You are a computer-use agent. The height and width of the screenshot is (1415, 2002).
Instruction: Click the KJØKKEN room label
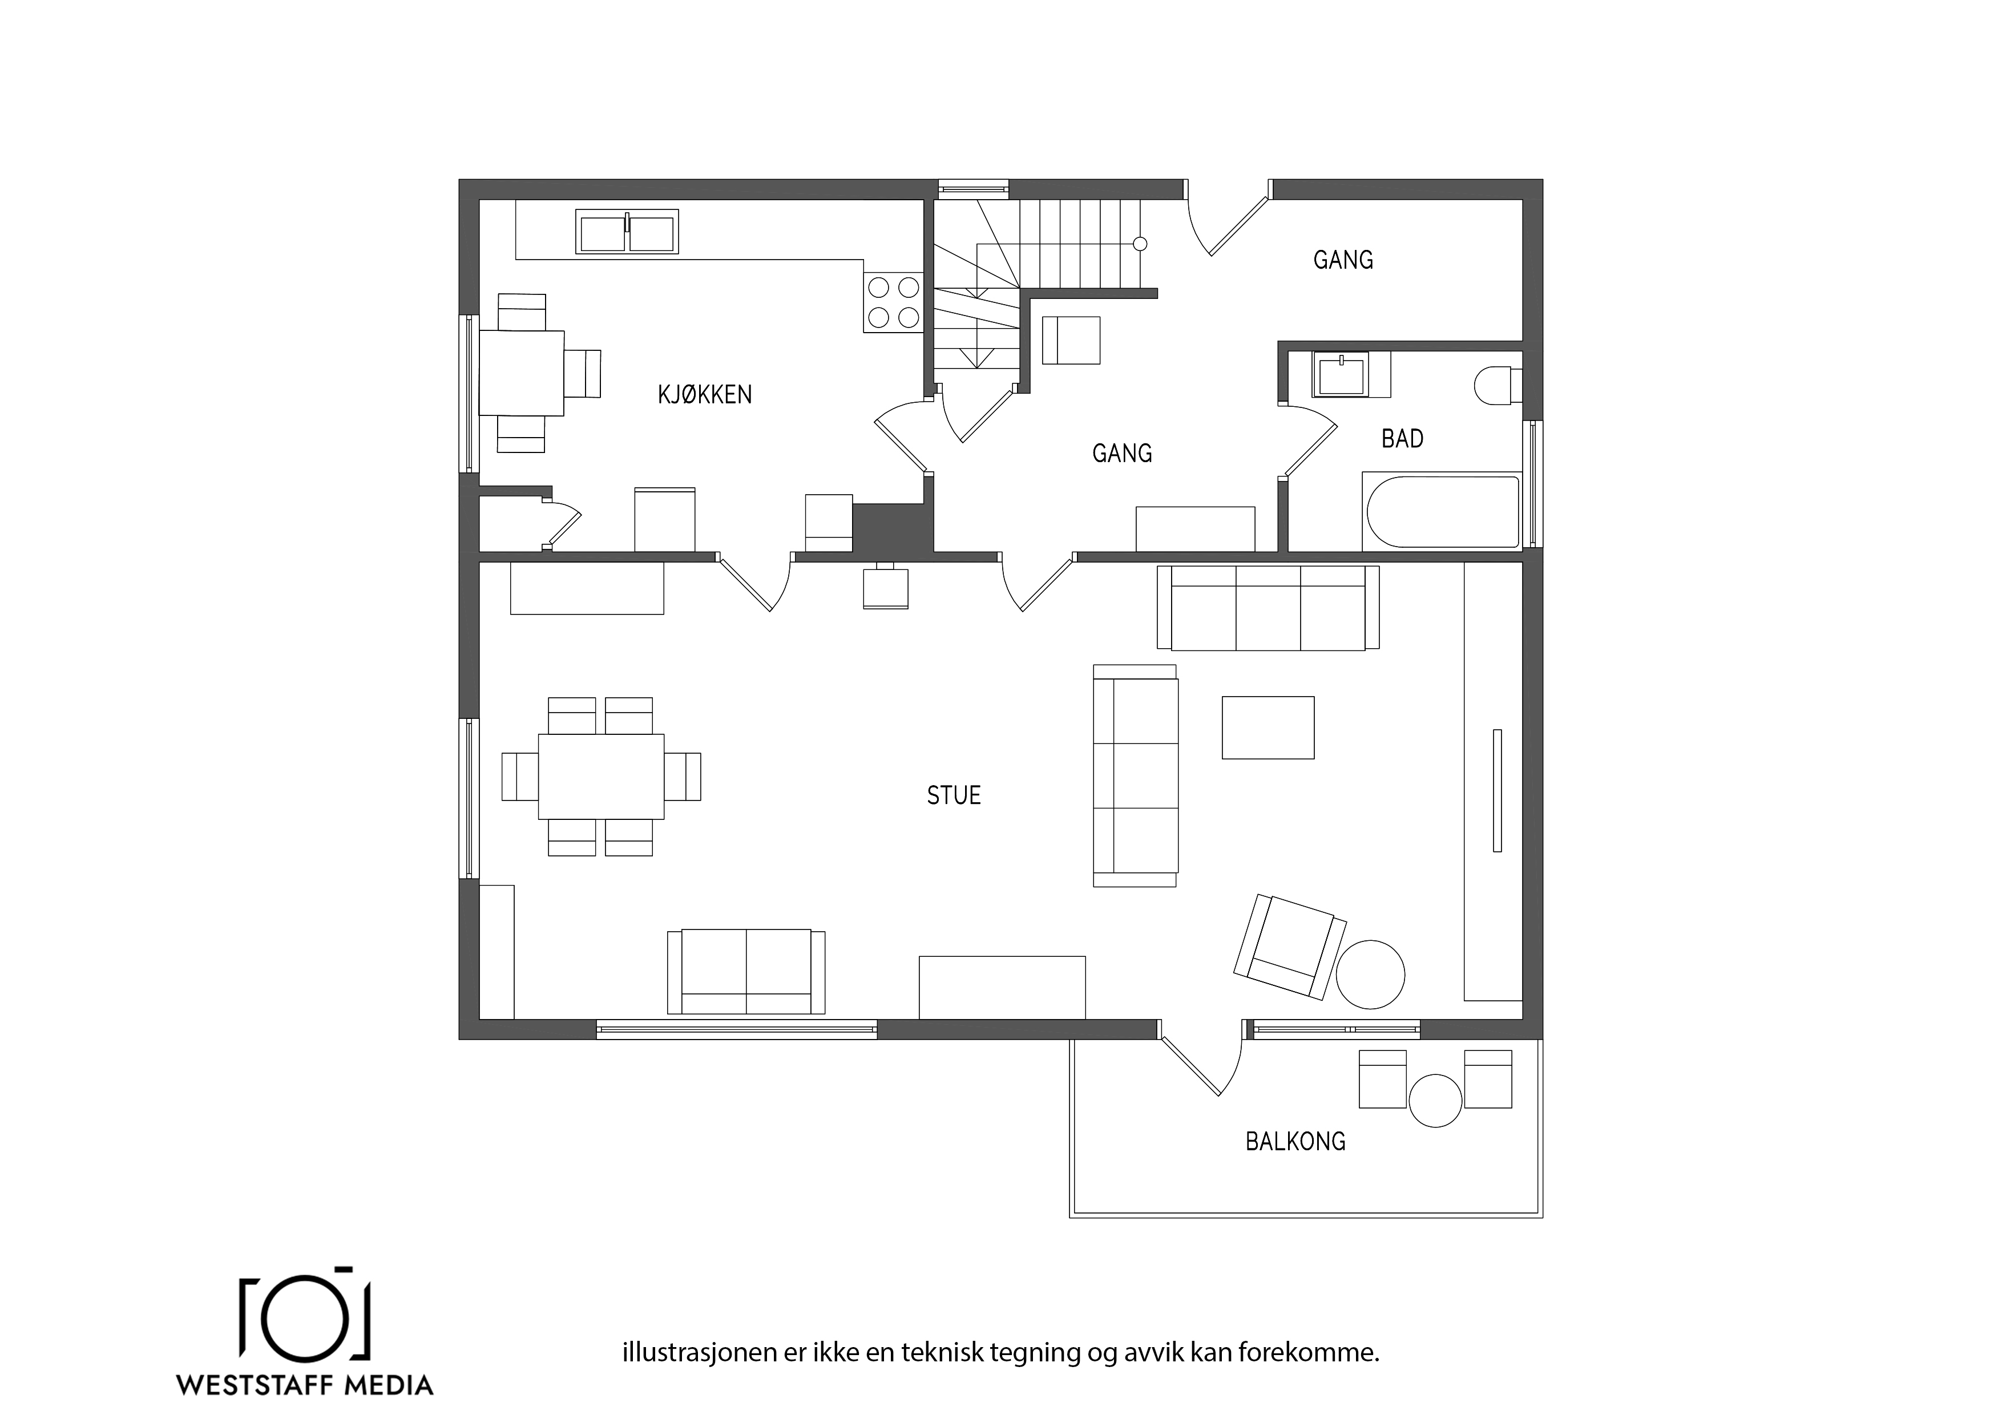[705, 395]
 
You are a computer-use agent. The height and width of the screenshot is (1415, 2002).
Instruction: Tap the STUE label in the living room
[954, 795]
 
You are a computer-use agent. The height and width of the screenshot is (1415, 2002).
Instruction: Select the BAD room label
[1402, 439]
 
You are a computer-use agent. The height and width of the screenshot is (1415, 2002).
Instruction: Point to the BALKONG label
[1295, 1141]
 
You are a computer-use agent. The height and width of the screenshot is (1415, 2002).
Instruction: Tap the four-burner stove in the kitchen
[894, 302]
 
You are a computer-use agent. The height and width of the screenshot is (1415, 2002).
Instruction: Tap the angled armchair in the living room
[1290, 946]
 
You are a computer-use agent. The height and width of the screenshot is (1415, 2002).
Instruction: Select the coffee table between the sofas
[1268, 727]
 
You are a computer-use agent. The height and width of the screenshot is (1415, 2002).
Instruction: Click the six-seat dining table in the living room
[601, 776]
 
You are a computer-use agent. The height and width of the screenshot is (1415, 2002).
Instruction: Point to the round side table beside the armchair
[1371, 974]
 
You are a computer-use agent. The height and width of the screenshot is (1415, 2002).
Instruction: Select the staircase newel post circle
[1140, 244]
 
